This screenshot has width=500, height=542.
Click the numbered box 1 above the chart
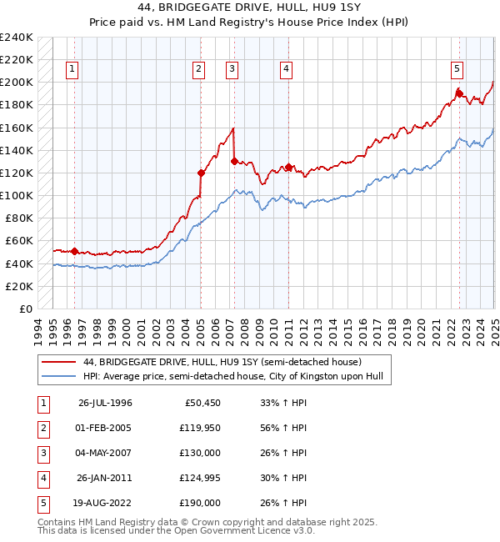pos(73,69)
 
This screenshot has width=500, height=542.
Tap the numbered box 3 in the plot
pos(232,69)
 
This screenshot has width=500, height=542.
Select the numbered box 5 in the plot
pos(457,69)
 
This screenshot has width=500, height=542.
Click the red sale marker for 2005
pos(201,173)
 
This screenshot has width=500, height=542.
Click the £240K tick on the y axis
pos(17,38)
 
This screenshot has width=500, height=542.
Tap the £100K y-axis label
pos(17,195)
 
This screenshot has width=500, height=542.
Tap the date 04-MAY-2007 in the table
pos(105,453)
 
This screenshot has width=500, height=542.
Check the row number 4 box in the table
pos(41,478)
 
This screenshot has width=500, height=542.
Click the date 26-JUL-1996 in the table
pos(105,403)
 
